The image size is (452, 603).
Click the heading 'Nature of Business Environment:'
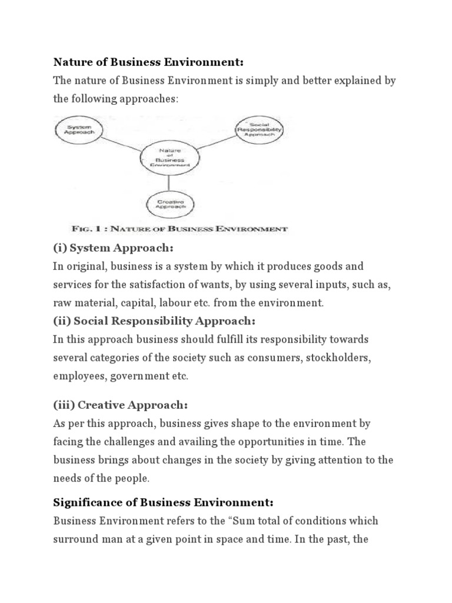point(148,62)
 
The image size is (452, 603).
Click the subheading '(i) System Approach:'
point(114,248)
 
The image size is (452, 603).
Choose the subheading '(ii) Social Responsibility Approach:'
point(154,321)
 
